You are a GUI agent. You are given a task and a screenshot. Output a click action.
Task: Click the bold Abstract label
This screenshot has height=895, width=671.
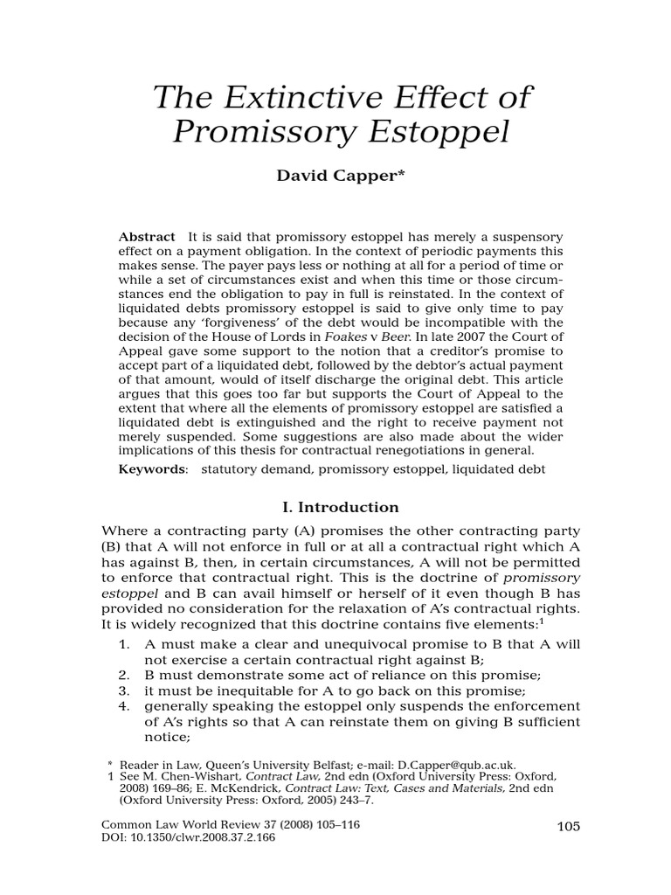(146, 238)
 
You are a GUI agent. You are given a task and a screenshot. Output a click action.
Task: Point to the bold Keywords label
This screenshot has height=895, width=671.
(152, 469)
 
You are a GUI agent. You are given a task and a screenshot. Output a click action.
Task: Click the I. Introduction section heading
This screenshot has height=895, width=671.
(336, 507)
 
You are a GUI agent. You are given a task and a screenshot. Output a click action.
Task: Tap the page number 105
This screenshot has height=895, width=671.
(568, 827)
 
